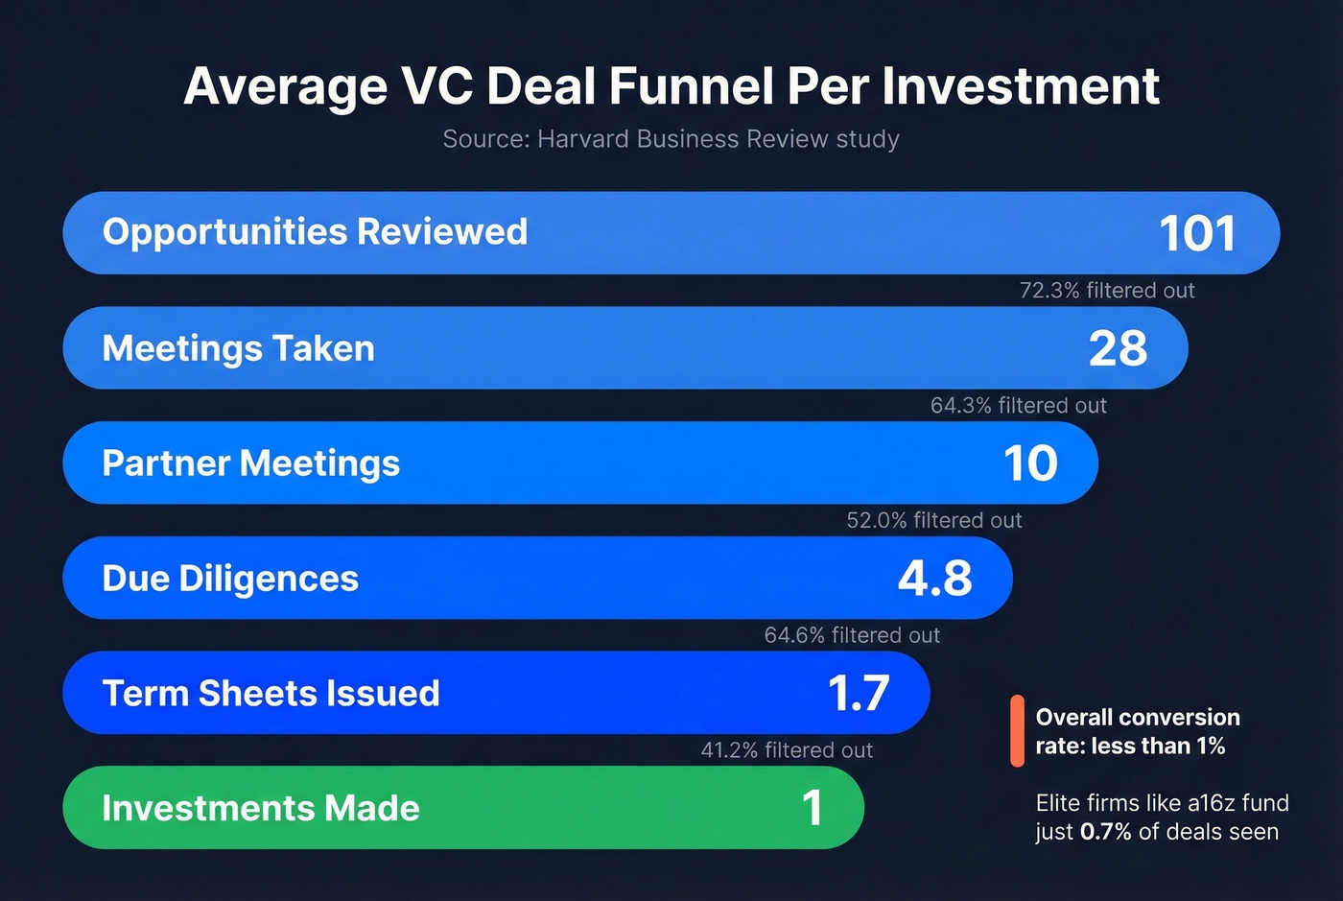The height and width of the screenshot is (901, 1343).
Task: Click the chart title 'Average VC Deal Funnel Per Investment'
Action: [x=671, y=86]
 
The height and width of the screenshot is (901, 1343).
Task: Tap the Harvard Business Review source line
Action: [x=671, y=139]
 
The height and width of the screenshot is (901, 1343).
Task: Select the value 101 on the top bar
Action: [x=1196, y=233]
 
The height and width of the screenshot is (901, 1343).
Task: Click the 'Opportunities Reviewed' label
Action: [x=315, y=232]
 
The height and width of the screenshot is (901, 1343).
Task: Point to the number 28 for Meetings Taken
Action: [x=1118, y=348]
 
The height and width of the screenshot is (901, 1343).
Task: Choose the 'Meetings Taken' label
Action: [x=238, y=348]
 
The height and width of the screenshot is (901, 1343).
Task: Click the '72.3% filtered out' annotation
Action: [x=1107, y=291]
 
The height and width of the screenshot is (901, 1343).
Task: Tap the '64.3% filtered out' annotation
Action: [x=1018, y=406]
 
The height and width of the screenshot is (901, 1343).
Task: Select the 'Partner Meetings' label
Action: [x=250, y=463]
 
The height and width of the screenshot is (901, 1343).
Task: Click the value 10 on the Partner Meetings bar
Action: [x=1030, y=463]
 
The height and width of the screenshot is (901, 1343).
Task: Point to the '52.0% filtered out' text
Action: [x=933, y=521]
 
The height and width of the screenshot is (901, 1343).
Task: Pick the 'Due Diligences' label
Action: [x=230, y=579]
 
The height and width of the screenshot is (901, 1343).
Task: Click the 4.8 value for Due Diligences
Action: [x=934, y=579]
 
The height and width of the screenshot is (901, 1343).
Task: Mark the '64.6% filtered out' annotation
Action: [x=852, y=636]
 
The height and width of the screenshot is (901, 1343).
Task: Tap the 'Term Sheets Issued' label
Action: [x=271, y=694]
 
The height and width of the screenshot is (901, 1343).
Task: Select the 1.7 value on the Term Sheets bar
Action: [x=859, y=694]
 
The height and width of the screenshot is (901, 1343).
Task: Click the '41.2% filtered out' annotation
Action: [x=787, y=750]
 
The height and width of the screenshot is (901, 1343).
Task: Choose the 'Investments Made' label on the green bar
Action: [x=261, y=808]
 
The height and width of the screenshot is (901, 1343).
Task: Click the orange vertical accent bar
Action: [x=1017, y=731]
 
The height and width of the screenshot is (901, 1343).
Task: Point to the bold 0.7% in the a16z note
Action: [x=1105, y=832]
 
